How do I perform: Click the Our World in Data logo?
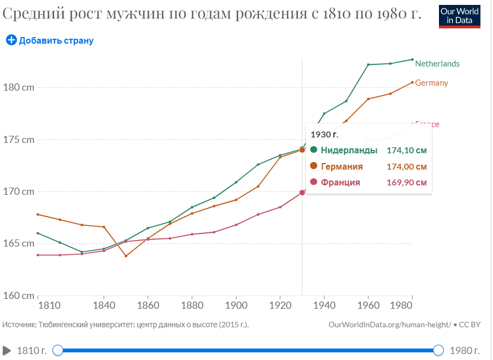tap(460, 16)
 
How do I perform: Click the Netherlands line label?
tap(437, 64)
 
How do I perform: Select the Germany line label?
tap(431, 83)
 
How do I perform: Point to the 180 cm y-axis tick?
tap(19, 87)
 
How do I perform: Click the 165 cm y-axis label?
tap(19, 243)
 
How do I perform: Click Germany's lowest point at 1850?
tap(126, 256)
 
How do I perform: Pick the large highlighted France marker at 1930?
tap(302, 193)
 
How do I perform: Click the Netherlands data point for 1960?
tap(368, 64)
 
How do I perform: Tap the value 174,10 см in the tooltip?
tap(406, 150)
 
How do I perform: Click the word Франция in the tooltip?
tap(340, 182)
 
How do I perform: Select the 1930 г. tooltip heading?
tap(324, 134)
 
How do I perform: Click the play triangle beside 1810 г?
tap(7, 350)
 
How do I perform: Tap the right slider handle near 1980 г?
tap(438, 350)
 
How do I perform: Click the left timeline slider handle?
tap(58, 350)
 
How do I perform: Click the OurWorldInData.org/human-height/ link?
tap(390, 325)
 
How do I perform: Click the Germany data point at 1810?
tap(38, 214)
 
